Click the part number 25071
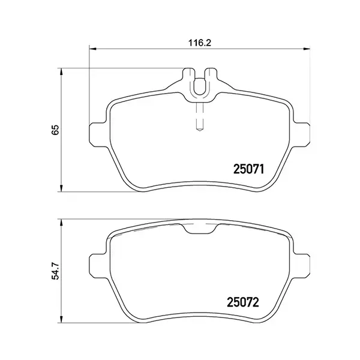[248, 169]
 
